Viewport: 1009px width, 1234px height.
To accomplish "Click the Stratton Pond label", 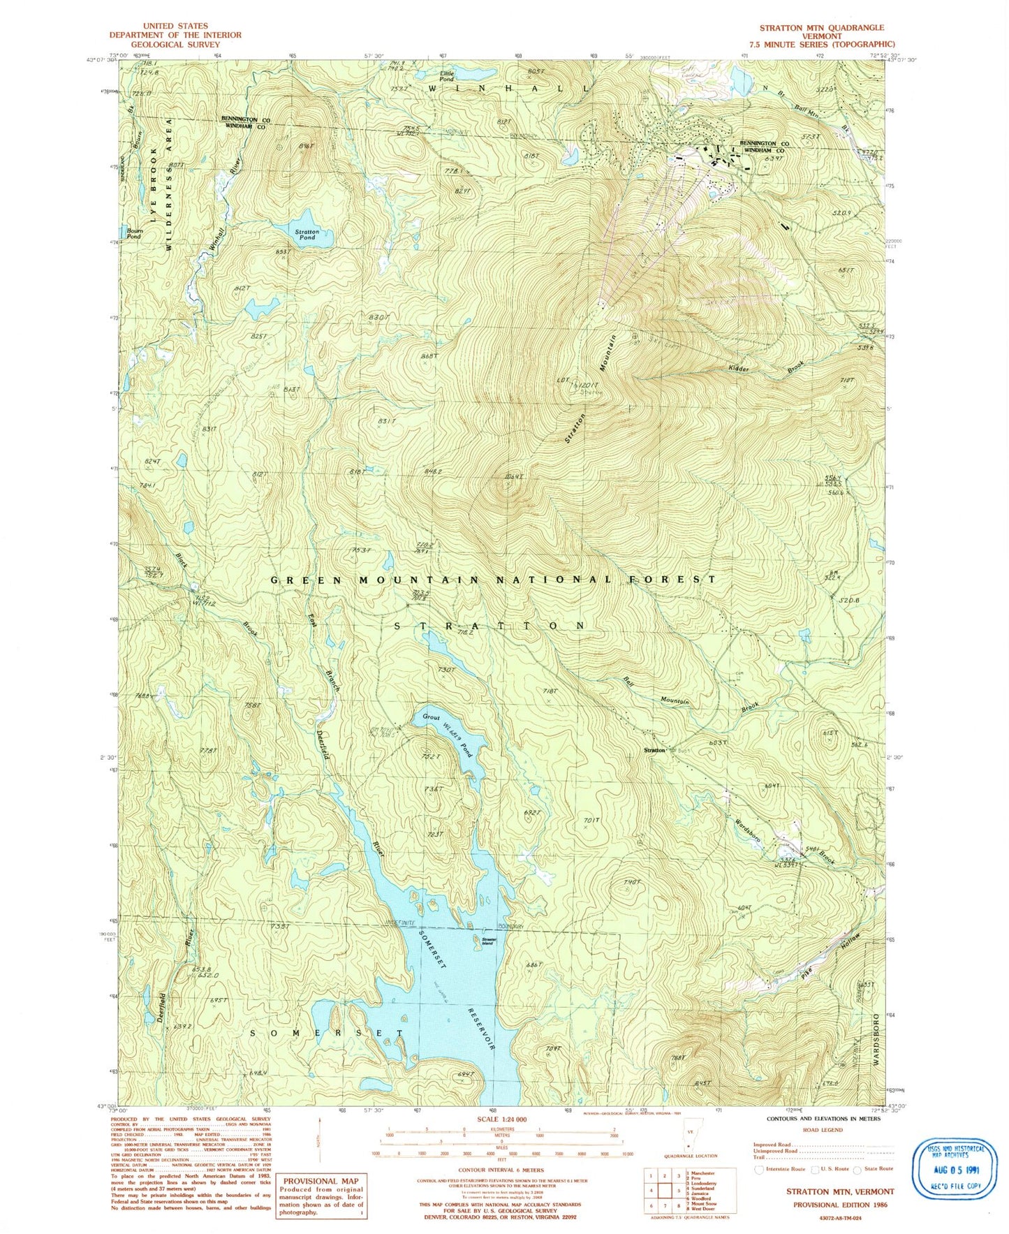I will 307,234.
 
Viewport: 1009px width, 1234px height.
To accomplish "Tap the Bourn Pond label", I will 133,233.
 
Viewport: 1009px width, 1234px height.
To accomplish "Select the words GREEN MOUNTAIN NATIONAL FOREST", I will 493,580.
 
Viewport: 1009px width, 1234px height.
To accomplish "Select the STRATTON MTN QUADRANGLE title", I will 822,28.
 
